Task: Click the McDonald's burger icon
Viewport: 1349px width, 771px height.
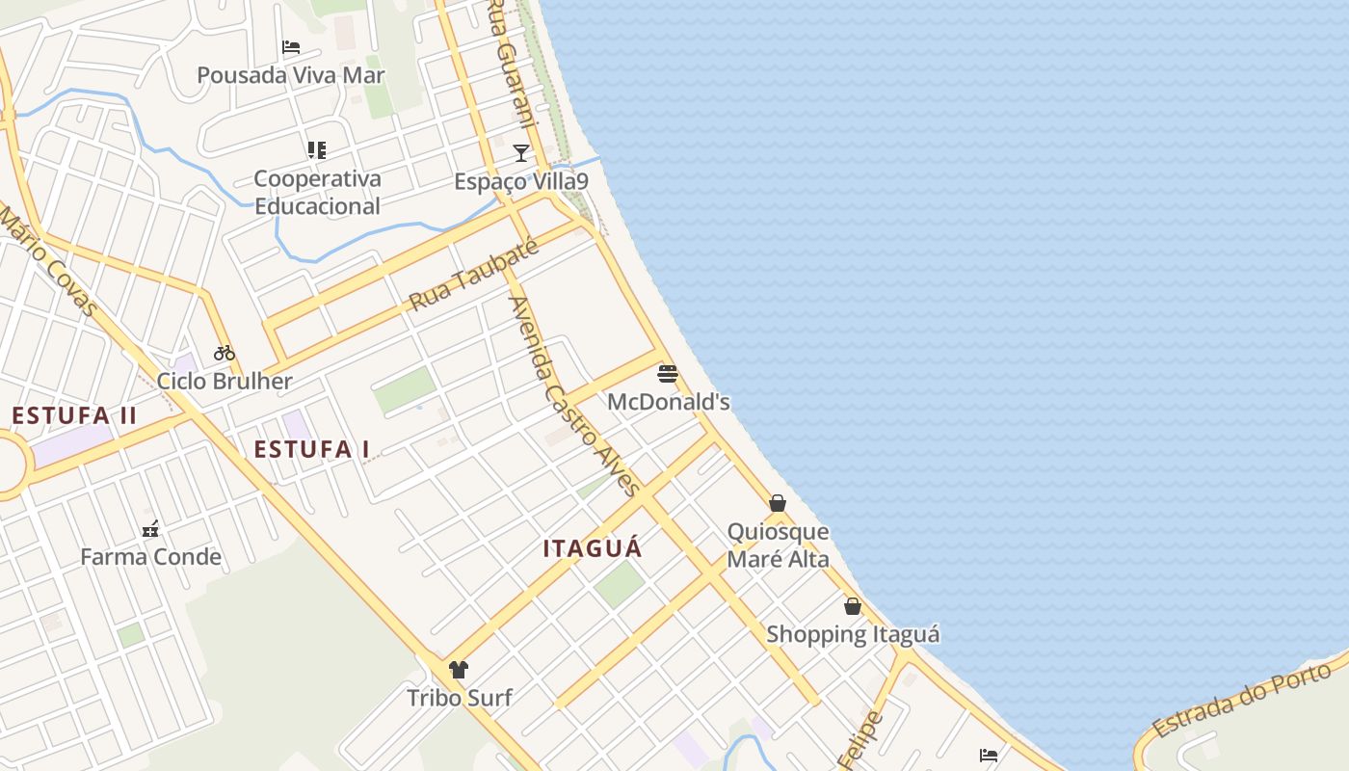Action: pos(668,374)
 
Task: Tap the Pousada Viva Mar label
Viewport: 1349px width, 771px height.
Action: pos(290,75)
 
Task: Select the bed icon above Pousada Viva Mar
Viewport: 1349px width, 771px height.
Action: pos(291,46)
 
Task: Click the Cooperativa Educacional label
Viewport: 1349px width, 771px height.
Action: pos(317,192)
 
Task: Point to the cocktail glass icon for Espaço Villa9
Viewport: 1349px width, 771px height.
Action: pos(521,152)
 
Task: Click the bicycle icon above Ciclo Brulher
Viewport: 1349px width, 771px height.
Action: pos(225,353)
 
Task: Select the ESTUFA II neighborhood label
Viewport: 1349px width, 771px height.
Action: pos(74,416)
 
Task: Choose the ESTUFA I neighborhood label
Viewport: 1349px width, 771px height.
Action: pos(312,449)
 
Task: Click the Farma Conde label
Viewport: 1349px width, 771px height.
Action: pos(150,557)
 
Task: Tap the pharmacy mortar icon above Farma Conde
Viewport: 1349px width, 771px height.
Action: pos(150,528)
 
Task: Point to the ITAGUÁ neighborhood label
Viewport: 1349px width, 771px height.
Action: pos(592,548)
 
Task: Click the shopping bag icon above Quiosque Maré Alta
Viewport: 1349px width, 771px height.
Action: pos(778,503)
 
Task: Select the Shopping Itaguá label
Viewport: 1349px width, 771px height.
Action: pos(853,634)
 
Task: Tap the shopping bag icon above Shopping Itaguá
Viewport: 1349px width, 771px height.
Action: pos(853,606)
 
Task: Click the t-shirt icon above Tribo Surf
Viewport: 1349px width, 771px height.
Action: pos(459,669)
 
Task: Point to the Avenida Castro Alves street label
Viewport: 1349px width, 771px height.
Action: pos(574,395)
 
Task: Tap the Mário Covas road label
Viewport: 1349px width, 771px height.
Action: pos(48,260)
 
